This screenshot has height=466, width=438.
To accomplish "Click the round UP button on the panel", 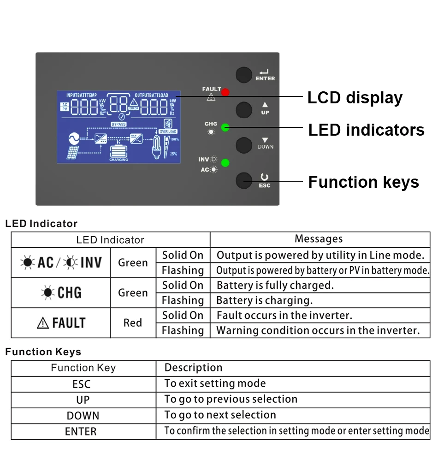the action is pyautogui.click(x=244, y=110).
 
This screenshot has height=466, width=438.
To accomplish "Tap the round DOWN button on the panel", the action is pyautogui.click(x=244, y=145).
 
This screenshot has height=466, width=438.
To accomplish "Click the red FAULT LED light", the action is pyautogui.click(x=225, y=92).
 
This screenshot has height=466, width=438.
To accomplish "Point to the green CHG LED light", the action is pyautogui.click(x=225, y=127).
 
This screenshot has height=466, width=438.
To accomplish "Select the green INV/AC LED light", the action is pyautogui.click(x=225, y=162).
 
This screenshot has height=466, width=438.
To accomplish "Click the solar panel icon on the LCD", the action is pyautogui.click(x=73, y=153).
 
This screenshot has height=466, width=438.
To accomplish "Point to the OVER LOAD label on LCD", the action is pyautogui.click(x=168, y=131).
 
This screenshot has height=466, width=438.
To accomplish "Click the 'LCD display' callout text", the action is pyautogui.click(x=355, y=98).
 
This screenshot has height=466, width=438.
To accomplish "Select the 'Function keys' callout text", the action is pyautogui.click(x=363, y=182).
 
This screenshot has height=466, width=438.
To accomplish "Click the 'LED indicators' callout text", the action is pyautogui.click(x=366, y=130).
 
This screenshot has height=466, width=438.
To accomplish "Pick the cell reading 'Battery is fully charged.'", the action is pyautogui.click(x=275, y=286).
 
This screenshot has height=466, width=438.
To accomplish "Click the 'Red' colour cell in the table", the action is pyautogui.click(x=133, y=323).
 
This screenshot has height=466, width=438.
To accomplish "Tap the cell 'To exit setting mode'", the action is pyautogui.click(x=215, y=383).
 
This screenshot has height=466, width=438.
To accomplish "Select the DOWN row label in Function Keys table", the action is pyautogui.click(x=83, y=416).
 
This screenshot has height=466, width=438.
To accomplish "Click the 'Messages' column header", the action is pyautogui.click(x=319, y=239).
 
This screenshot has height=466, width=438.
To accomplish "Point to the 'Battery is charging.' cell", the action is pyautogui.click(x=264, y=301).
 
